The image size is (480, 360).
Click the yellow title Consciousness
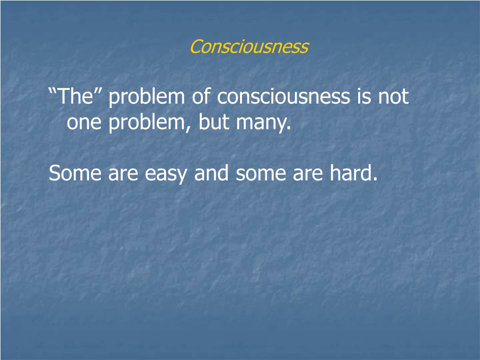[249, 46]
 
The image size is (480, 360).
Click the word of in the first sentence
[201, 96]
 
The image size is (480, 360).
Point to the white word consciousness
[284, 97]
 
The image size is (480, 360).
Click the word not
[394, 97]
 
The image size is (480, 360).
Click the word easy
[165, 174]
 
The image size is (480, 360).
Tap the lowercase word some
[261, 174]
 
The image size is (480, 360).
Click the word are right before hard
[307, 174]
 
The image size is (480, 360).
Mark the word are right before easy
[123, 174]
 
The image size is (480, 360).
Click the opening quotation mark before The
[52, 91]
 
